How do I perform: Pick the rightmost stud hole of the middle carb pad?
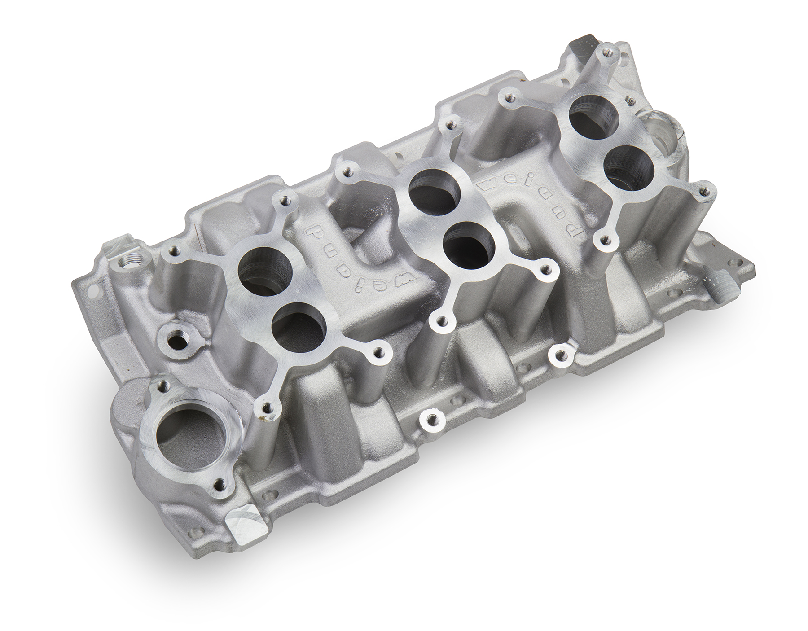point(545,269)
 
